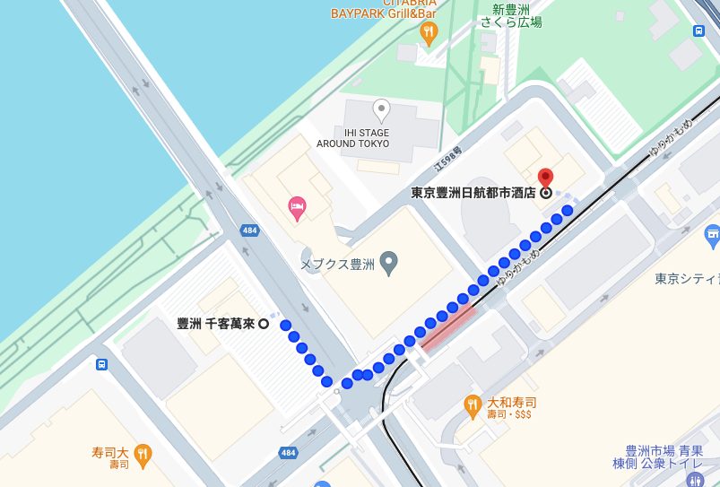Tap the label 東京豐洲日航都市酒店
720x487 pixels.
point(473,192)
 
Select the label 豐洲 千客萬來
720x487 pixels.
point(216,324)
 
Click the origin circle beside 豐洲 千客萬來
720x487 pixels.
point(264,325)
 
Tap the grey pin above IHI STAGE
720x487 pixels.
point(381,110)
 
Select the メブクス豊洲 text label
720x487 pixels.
point(337,264)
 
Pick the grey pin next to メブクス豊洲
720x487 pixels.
point(388,263)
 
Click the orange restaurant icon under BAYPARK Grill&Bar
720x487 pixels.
point(429,34)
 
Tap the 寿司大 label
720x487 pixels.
point(111,453)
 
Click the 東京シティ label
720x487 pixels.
point(687,278)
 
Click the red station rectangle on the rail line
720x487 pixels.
point(448,326)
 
